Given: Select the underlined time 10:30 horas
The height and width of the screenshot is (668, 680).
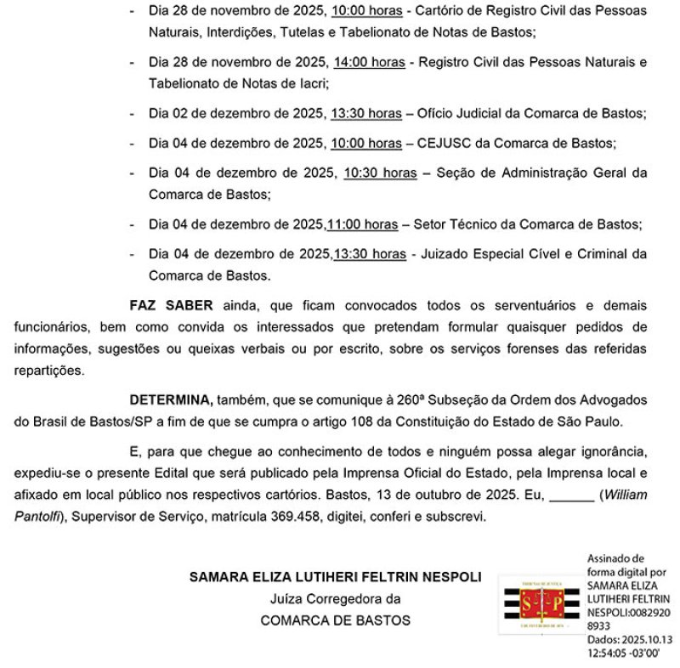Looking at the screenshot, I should pyautogui.click(x=380, y=173).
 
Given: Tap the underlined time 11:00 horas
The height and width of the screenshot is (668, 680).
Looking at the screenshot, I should pyautogui.click(x=362, y=224).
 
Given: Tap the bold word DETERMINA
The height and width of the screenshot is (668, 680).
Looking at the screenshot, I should pyautogui.click(x=170, y=399).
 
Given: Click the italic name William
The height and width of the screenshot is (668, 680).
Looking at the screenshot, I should pyautogui.click(x=626, y=495).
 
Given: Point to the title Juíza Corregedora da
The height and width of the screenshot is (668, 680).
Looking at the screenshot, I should pyautogui.click(x=335, y=598).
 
